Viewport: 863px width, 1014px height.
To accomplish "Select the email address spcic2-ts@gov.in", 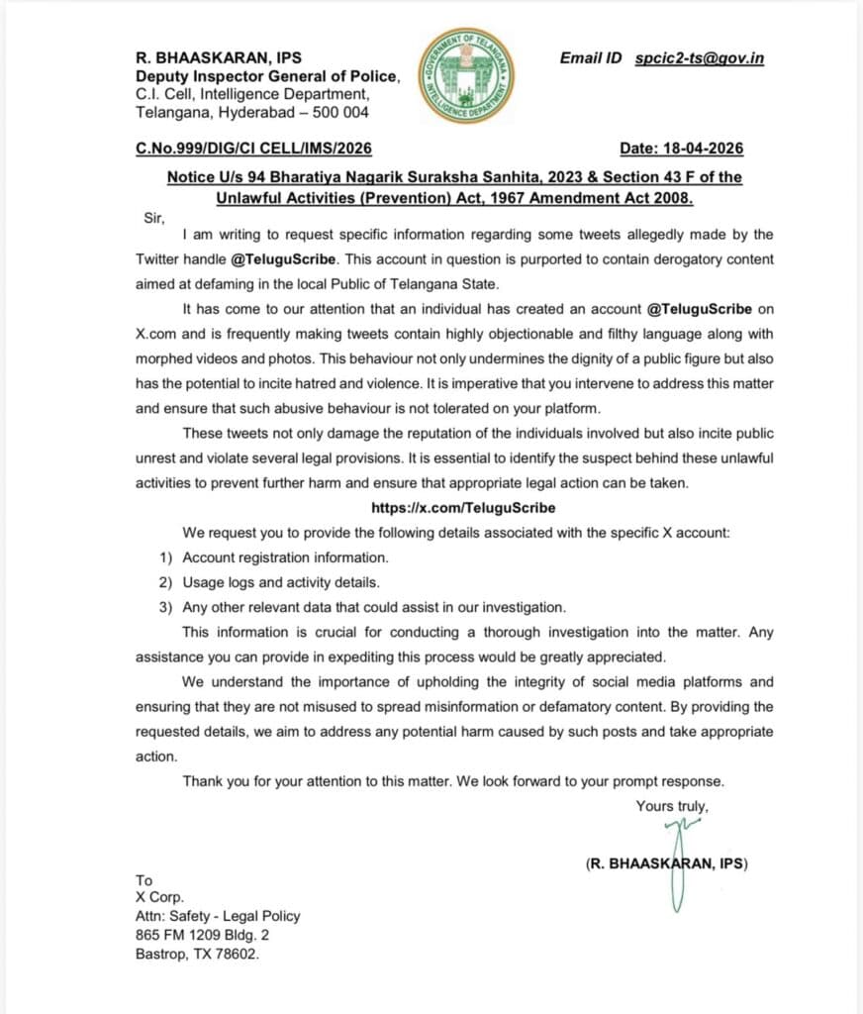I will [699, 58].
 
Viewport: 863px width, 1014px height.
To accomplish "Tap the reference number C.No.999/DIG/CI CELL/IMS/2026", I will [253, 150].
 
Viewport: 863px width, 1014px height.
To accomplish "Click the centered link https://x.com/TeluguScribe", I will [462, 507].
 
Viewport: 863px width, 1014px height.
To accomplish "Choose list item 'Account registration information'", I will [285, 558].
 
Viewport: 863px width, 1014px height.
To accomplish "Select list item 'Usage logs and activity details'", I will [280, 582].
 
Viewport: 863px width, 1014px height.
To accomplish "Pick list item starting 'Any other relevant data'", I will [375, 607].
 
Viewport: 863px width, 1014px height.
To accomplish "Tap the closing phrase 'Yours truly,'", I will [671, 806].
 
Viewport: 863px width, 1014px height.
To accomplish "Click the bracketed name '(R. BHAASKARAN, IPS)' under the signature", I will [666, 864].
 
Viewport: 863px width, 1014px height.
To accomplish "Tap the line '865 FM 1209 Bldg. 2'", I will [202, 935].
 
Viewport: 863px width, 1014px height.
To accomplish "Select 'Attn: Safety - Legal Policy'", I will [218, 916].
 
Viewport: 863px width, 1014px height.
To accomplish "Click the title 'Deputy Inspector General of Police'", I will [268, 76].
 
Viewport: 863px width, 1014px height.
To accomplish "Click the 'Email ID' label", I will [590, 58].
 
